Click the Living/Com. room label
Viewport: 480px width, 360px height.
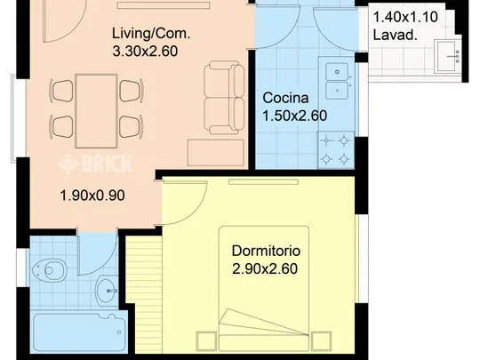point(151,34)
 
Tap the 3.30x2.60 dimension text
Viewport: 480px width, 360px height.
point(145,52)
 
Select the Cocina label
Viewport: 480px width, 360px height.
point(285,98)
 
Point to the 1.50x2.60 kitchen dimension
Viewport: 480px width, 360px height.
point(295,116)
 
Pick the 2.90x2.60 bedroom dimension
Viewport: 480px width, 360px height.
point(265,268)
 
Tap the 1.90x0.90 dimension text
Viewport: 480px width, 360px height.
point(92,196)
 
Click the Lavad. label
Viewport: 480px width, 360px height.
point(396,35)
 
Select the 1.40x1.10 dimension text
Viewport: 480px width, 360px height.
point(405,17)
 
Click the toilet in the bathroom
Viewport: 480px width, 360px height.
point(50,270)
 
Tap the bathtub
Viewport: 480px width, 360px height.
point(79,332)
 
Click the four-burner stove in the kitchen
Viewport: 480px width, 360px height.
point(336,150)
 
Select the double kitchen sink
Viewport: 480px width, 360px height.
point(337,81)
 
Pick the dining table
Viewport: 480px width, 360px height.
point(96,111)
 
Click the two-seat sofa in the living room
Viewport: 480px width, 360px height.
point(224,98)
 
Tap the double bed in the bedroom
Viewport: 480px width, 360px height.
point(264,289)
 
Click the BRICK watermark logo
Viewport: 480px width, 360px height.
point(95,164)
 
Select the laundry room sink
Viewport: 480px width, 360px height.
point(448,56)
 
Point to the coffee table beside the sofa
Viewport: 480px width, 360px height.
point(216,153)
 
